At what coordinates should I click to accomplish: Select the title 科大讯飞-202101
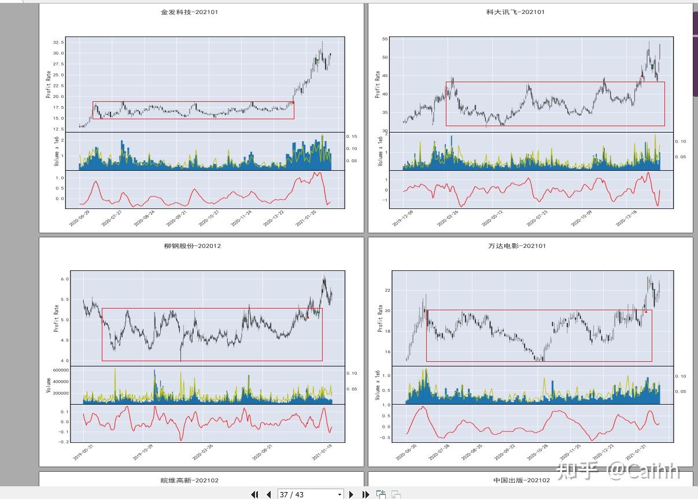515,12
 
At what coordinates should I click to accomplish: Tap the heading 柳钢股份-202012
192,245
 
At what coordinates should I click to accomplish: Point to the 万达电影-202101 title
516,245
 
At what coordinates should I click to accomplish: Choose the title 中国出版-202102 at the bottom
522,480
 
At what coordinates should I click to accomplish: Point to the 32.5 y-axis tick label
57,42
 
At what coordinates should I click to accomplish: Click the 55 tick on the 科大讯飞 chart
384,39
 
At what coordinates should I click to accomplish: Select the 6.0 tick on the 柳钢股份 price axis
64,279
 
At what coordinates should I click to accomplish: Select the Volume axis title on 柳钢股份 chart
49,385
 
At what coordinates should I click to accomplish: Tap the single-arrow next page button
351,494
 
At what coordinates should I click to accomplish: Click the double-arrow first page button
254,494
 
